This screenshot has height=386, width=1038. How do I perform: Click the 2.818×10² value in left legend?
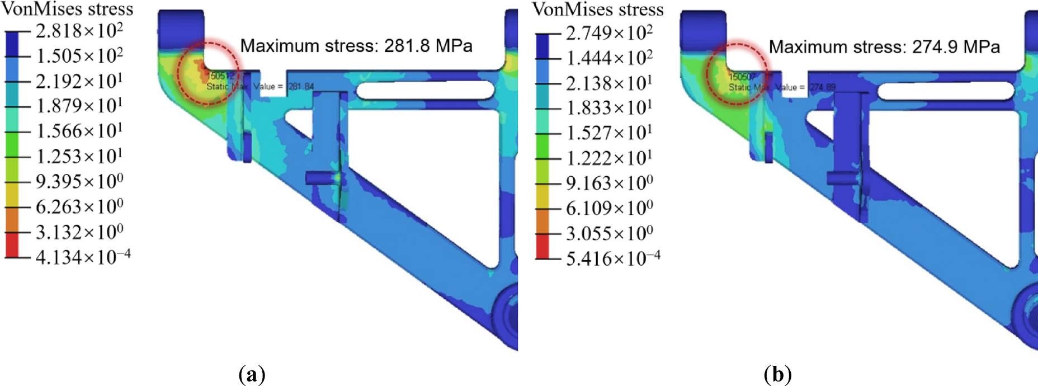(x=79, y=31)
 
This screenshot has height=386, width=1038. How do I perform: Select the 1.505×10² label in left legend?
(x=79, y=56)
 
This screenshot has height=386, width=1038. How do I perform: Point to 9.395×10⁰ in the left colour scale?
(x=79, y=182)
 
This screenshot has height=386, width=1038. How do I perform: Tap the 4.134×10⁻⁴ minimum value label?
(x=83, y=257)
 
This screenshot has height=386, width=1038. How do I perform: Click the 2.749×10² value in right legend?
(x=608, y=34)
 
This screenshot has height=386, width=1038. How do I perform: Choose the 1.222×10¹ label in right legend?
(x=608, y=158)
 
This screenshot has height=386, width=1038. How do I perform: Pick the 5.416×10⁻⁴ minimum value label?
(x=612, y=258)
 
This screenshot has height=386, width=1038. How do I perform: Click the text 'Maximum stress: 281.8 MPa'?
(x=356, y=46)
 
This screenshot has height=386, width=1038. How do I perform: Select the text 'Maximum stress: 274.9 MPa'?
(x=884, y=47)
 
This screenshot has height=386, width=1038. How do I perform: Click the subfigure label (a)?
(x=252, y=374)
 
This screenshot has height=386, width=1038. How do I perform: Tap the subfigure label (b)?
(x=777, y=374)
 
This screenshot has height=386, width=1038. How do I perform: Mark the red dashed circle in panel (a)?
(x=208, y=72)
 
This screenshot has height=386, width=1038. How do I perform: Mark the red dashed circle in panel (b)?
(x=737, y=73)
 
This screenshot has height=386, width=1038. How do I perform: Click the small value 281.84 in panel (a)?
(x=301, y=87)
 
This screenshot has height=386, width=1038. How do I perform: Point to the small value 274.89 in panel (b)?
(x=822, y=87)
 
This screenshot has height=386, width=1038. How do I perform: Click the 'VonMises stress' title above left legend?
(x=67, y=9)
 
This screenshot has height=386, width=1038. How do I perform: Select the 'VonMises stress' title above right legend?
(x=597, y=9)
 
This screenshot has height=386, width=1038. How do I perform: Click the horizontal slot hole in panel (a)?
(x=426, y=90)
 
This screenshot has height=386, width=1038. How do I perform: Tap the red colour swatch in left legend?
(x=12, y=245)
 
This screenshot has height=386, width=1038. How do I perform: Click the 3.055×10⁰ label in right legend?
(x=608, y=233)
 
